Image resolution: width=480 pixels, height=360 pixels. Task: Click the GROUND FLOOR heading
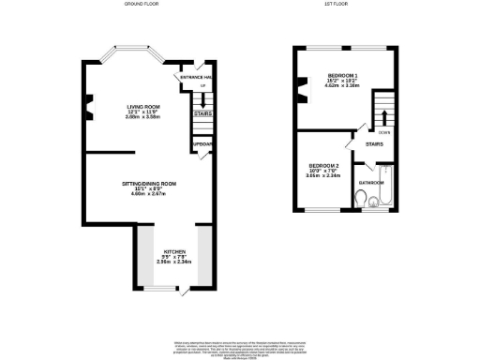pos(142,5)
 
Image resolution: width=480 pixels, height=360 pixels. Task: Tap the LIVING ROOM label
pos(143,107)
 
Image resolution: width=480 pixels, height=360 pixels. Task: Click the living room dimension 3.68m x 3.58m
pos(143,117)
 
